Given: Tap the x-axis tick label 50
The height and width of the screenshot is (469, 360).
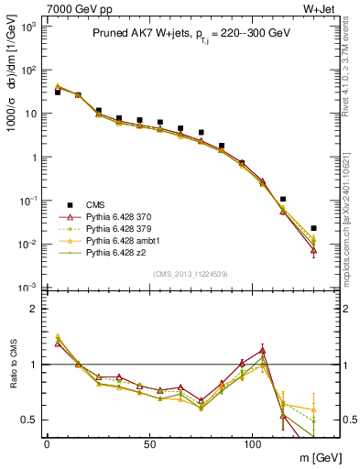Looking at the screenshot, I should pos(149,442).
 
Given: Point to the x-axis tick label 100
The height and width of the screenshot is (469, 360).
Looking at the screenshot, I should pos(252,442).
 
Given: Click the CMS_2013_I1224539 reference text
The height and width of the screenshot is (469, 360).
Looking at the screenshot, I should pos(182,273).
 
